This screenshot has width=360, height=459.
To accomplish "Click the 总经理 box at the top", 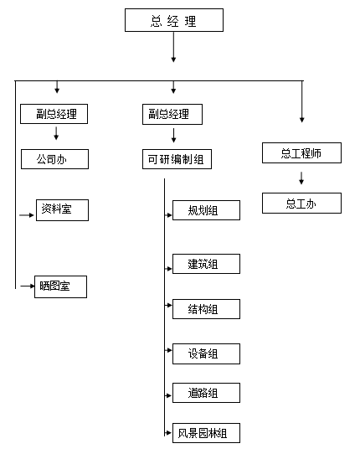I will point(174,21).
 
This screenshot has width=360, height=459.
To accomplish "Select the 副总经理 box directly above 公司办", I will point(55,114).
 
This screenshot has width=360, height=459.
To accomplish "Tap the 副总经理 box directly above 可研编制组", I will point(173,114).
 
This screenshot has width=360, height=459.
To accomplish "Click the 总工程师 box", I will point(301,152).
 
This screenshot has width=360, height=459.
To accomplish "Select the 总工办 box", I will point(301,203).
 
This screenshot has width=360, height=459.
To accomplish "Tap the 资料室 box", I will point(62,210).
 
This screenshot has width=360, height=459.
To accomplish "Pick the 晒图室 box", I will point(61,286).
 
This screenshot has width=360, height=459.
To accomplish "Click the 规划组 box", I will point(206,210).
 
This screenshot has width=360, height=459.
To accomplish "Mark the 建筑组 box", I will point(206,264).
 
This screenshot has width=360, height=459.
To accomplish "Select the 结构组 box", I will point(206,308).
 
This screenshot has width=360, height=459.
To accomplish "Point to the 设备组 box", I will point(206,353).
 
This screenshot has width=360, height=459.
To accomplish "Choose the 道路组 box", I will point(206,392).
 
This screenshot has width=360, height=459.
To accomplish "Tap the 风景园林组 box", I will point(206,433).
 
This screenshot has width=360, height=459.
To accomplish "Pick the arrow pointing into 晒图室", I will point(25,286).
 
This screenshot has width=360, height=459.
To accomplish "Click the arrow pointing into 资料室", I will point(27,214).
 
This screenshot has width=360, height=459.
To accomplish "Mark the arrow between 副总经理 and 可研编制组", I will point(173,136).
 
